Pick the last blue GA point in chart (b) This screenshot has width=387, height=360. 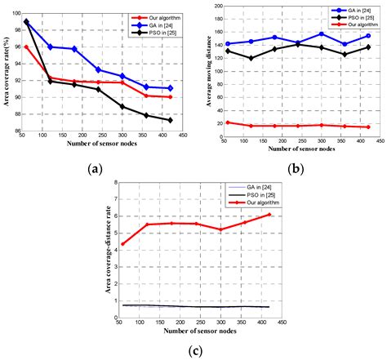pyautogui.click(x=368, y=36)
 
